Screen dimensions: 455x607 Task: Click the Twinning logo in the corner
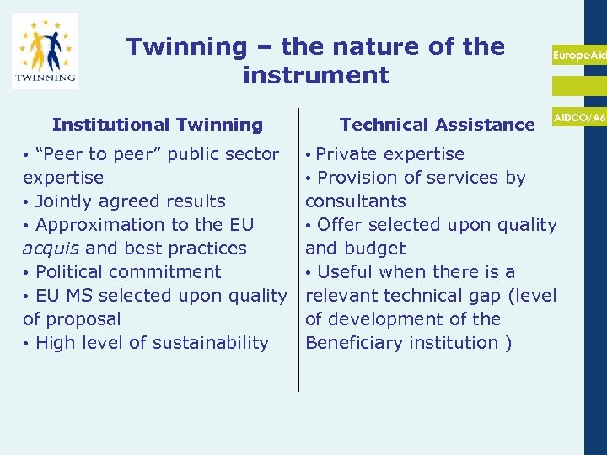(45, 51)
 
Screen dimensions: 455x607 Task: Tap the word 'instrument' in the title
(315, 76)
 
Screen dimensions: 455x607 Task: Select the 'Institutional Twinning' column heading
(158, 125)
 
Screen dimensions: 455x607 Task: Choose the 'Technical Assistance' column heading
(437, 125)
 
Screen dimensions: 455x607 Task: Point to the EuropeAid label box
(579, 55)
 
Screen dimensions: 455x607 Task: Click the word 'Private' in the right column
(347, 154)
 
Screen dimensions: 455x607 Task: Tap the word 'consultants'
(356, 201)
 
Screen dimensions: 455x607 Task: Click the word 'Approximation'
(95, 225)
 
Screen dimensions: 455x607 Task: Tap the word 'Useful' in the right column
(345, 272)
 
